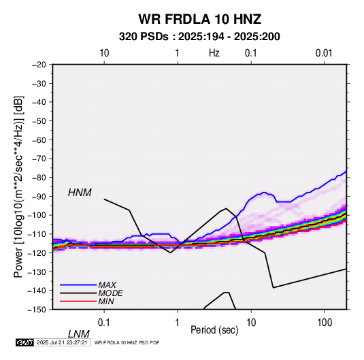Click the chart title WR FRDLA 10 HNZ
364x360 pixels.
pyautogui.click(x=199, y=19)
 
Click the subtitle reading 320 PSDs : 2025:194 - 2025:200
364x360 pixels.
pyautogui.click(x=199, y=37)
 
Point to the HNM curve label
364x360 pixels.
pyautogui.click(x=80, y=193)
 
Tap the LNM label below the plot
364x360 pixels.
pyautogui.click(x=79, y=334)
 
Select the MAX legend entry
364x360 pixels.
pyautogui.click(x=107, y=285)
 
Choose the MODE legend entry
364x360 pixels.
pyautogui.click(x=110, y=293)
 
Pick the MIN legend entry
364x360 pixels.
pyautogui.click(x=106, y=301)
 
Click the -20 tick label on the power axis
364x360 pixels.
pyautogui.click(x=39, y=65)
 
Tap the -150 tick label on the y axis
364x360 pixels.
pyautogui.click(x=37, y=310)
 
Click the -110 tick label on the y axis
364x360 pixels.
pyautogui.click(x=37, y=234)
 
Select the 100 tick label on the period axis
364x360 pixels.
pyautogui.click(x=325, y=323)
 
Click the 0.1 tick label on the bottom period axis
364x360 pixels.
pyautogui.click(x=104, y=323)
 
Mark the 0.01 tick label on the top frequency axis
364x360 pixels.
pyautogui.click(x=324, y=53)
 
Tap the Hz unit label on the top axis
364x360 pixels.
pyautogui.click(x=214, y=53)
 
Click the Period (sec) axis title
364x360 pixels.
pyautogui.click(x=214, y=330)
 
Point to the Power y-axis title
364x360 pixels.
pyautogui.click(x=18, y=186)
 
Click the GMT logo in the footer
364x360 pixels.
pyautogui.click(x=25, y=342)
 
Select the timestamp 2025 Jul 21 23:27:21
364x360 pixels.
pyautogui.click(x=62, y=342)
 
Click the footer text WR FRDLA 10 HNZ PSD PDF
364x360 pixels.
pyautogui.click(x=127, y=342)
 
